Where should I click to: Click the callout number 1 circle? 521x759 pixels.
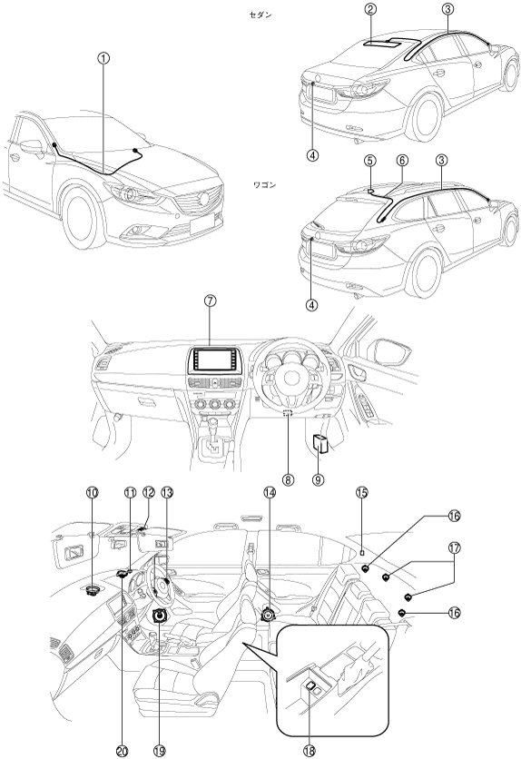[103, 58]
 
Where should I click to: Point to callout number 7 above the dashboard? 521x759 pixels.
[210, 301]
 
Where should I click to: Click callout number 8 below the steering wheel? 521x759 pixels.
[289, 479]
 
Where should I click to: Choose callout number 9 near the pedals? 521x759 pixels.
[318, 479]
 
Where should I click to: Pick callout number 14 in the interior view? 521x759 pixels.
[270, 492]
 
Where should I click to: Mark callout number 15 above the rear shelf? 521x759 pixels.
[361, 492]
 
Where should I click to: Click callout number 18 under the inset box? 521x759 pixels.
[310, 751]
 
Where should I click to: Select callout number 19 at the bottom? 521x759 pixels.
[159, 751]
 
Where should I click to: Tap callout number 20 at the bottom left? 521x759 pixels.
[122, 751]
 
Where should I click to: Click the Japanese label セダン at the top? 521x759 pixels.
[260, 15]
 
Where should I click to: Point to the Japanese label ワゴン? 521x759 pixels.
[265, 185]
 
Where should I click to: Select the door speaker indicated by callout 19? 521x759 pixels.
[159, 616]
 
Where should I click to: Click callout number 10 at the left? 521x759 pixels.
[92, 492]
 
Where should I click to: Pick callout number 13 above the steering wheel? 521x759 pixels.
[167, 492]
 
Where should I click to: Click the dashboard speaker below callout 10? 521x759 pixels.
[92, 590]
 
